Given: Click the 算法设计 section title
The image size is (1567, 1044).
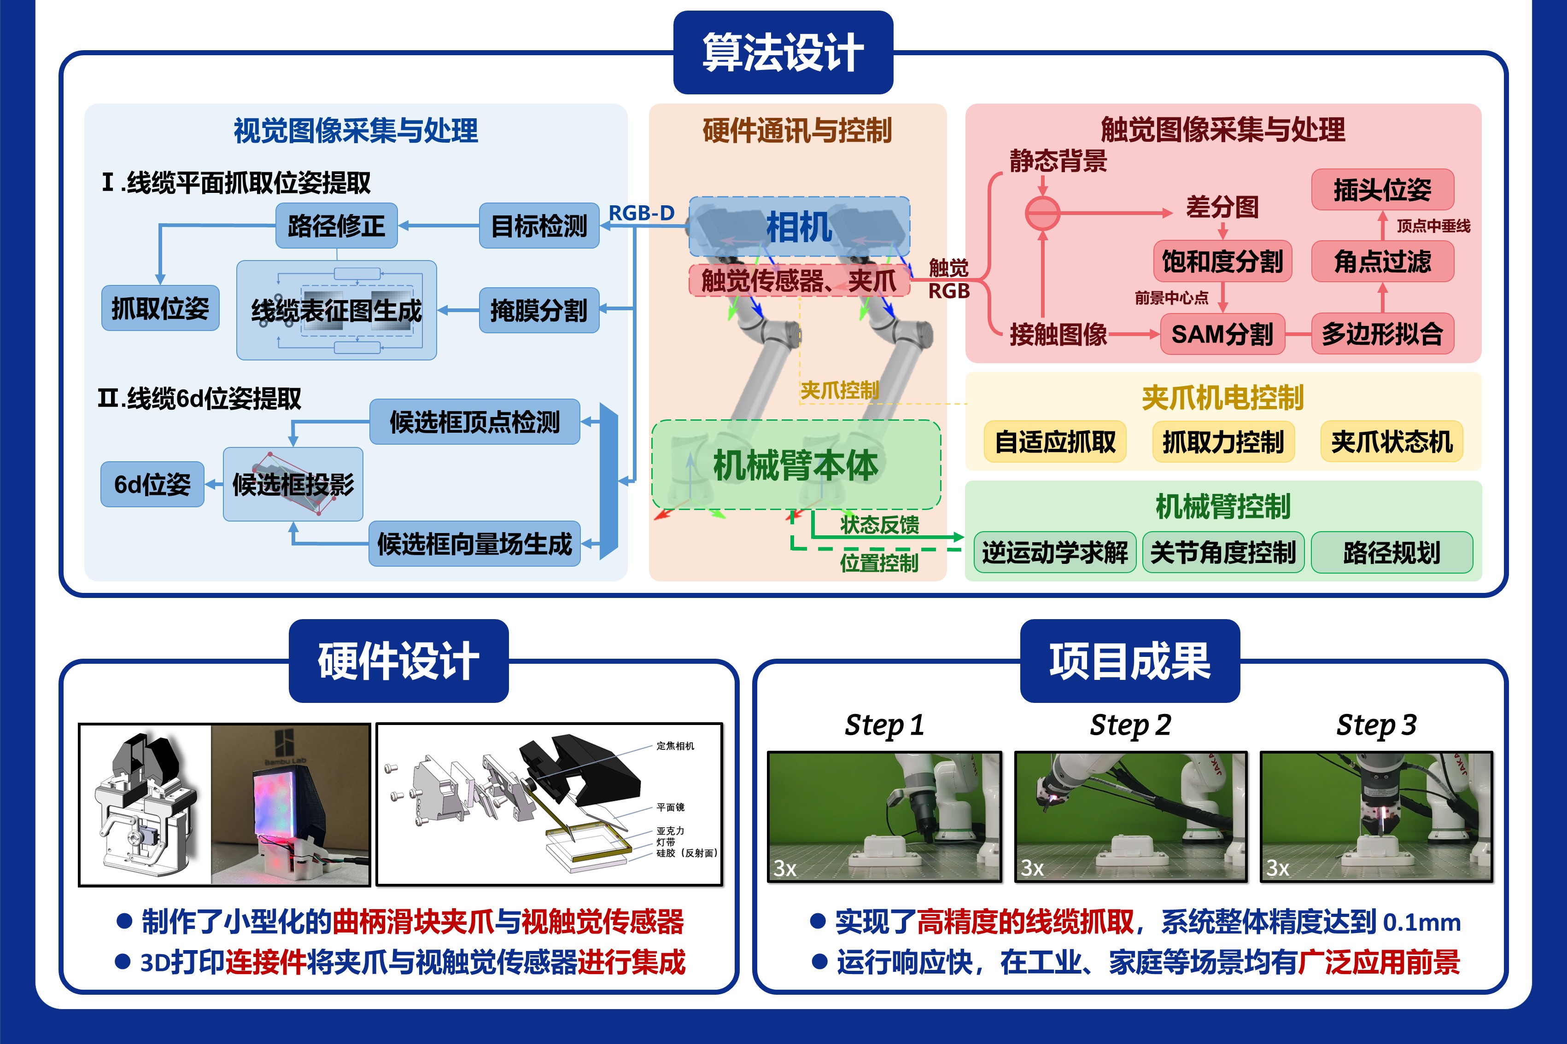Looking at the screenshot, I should [x=783, y=52].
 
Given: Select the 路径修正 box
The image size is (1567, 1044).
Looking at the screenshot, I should [x=336, y=226].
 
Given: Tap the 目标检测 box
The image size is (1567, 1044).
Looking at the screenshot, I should [x=539, y=226].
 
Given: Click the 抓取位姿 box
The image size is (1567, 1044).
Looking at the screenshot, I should [x=160, y=308].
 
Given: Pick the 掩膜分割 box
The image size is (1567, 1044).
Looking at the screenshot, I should [x=539, y=310].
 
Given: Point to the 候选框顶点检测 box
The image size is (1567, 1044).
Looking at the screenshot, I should [x=474, y=422].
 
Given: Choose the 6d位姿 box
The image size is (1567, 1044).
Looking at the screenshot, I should [x=152, y=484].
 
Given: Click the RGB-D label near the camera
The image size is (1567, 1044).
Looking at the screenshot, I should [x=641, y=213].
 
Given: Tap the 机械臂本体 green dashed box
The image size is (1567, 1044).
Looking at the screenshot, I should [x=795, y=465].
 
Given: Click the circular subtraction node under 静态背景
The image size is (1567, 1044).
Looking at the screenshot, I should [x=1043, y=214].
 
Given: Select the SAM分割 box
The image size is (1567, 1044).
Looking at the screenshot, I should [x=1222, y=334].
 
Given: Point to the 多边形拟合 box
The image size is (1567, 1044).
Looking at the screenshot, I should [x=1382, y=334].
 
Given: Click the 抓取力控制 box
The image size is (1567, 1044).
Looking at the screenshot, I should [x=1223, y=441].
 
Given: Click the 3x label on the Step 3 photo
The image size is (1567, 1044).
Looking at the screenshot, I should [x=1278, y=868].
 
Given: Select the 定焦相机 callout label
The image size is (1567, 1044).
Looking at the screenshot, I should [x=675, y=746].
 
